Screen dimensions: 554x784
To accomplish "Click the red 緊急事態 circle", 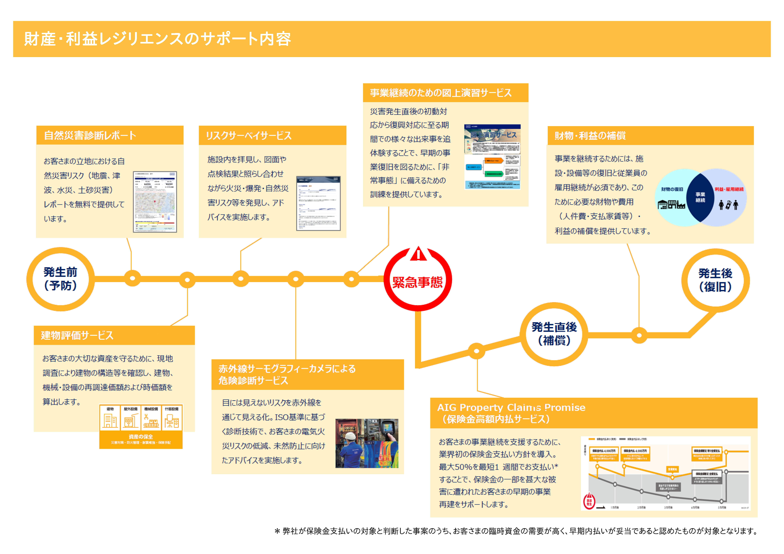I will point(417,282).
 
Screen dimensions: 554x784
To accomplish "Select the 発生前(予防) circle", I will point(60,279).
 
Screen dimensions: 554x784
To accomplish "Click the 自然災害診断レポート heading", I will point(90,136).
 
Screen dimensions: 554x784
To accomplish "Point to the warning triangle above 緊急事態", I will point(418,254).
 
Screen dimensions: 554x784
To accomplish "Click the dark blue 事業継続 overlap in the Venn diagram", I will point(700,197).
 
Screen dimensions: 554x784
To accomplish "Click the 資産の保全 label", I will point(141,437).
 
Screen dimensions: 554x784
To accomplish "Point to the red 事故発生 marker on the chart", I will point(589,501).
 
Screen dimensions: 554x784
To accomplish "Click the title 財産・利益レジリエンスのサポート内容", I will point(157,39).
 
